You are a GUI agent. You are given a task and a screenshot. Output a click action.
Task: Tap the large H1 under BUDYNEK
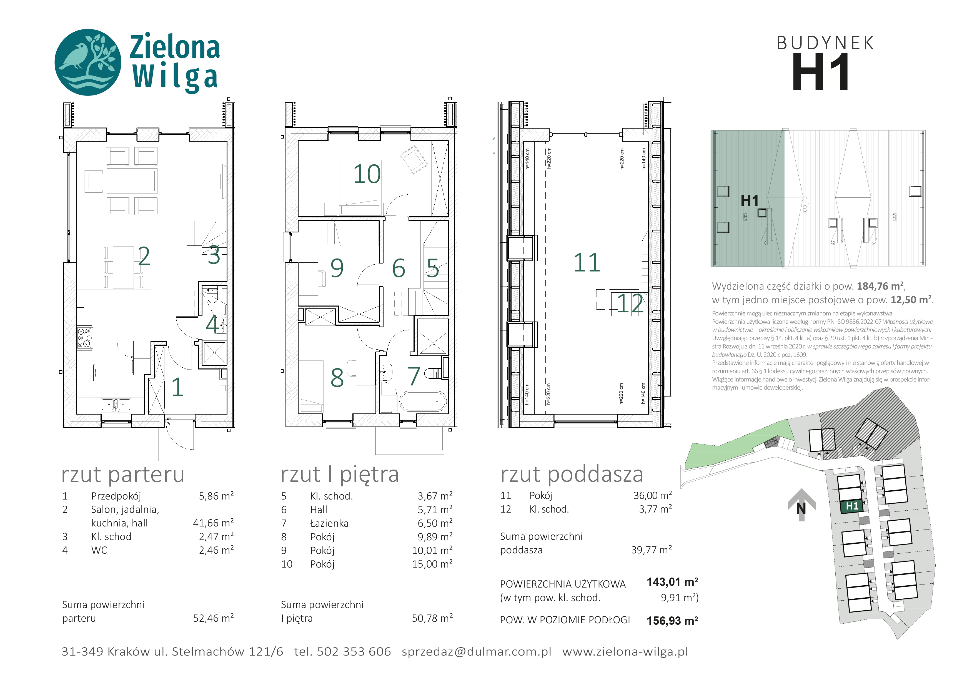point(820,72)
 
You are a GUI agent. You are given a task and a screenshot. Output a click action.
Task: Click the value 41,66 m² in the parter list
point(213,523)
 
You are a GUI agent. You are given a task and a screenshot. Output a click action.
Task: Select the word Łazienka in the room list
point(329,523)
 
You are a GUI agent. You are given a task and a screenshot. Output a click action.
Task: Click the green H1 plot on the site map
point(852,506)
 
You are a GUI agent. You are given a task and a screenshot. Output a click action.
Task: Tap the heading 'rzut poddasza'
point(572,475)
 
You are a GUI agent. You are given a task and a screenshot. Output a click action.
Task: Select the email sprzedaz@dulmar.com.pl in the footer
point(476,652)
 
